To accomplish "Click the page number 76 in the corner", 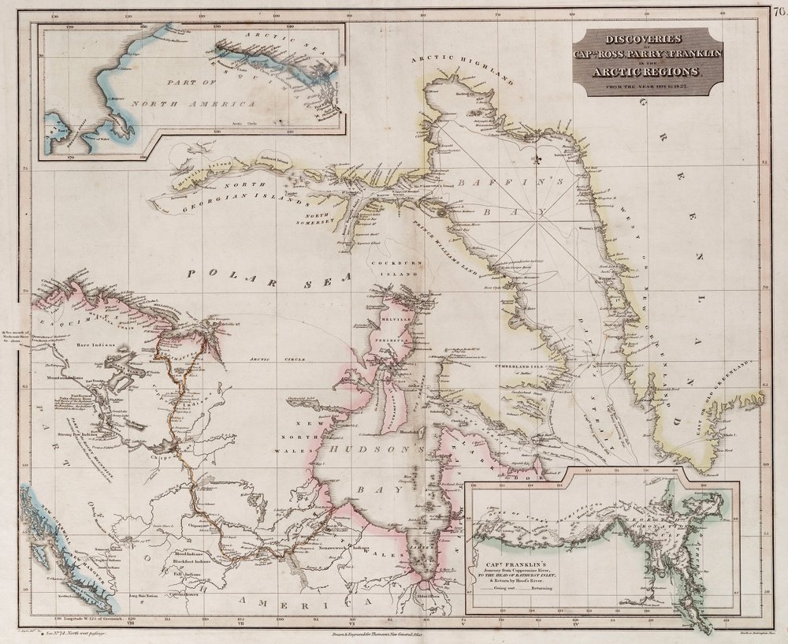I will [x=779, y=9].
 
